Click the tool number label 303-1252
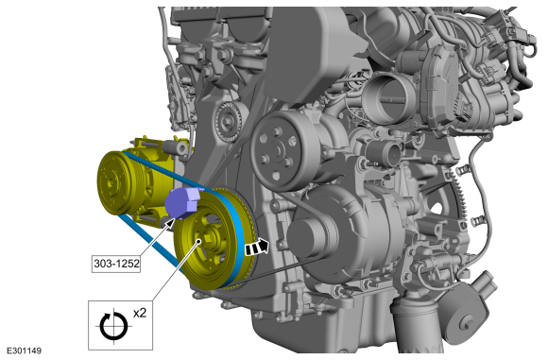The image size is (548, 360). click(x=116, y=264)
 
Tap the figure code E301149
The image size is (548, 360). click(x=25, y=351)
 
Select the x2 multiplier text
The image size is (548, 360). click(x=140, y=313)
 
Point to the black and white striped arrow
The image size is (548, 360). click(x=257, y=247)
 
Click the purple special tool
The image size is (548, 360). click(x=182, y=203)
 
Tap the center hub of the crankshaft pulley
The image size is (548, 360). click(x=209, y=238)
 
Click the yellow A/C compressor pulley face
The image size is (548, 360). click(x=111, y=181)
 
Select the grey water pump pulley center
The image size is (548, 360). click(x=276, y=151)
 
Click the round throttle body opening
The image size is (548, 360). click(x=388, y=98)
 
